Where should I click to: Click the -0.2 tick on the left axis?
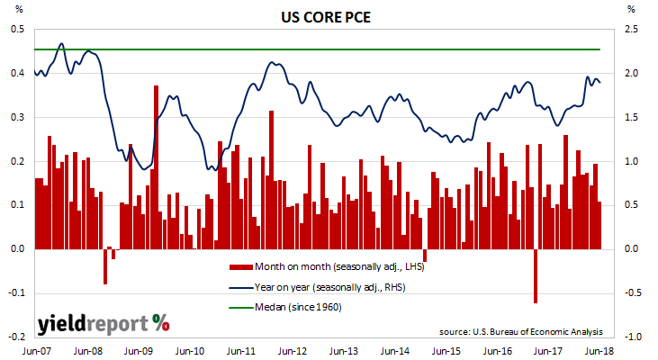pyautogui.click(x=17, y=337)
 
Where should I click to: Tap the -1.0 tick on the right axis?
pyautogui.click(x=634, y=337)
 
